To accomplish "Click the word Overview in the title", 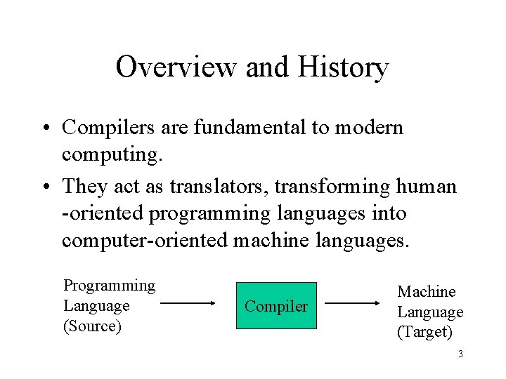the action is pos(176,67).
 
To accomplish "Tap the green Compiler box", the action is pos(276,305).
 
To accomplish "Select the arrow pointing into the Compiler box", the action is pos(188,305).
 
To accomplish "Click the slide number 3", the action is pos(460,354).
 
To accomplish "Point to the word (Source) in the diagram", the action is pos(92,326).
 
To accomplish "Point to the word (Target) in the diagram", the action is pos(424,332).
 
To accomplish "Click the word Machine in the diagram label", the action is pos(426,291).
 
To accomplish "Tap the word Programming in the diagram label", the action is pos(109,286).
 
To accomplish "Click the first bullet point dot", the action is pos(44,128).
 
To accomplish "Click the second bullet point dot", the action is pos(44,187).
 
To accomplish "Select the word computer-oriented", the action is pos(144,240).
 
